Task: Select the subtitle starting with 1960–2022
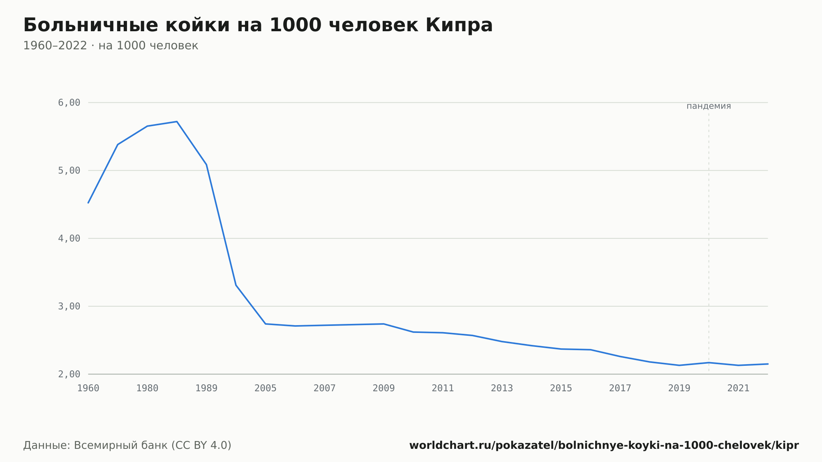111,46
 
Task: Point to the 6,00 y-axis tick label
69,102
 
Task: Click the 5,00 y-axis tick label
69,171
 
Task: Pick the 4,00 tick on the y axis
69,238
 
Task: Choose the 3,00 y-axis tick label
69,306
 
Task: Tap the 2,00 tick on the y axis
69,374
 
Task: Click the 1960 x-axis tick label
88,388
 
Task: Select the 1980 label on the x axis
147,388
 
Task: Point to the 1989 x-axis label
206,388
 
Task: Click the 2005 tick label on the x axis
266,388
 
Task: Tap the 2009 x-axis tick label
384,388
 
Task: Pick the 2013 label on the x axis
502,388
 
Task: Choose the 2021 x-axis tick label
739,388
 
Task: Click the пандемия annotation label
709,106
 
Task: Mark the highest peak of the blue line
177,122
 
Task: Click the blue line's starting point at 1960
88,203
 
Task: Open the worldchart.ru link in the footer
604,446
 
